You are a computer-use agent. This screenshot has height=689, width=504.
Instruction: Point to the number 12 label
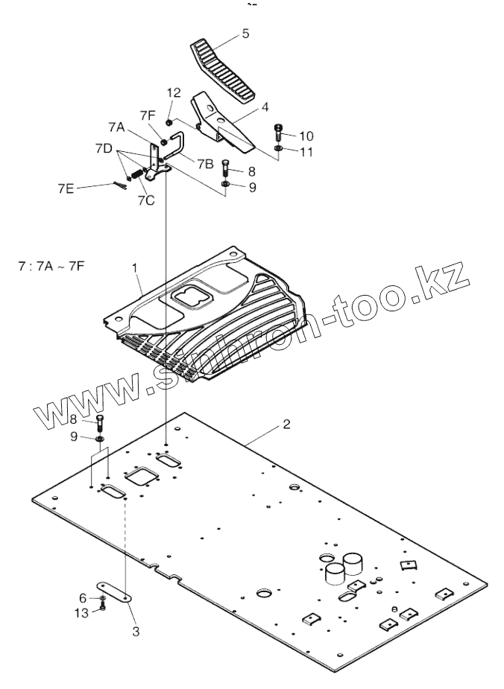[174, 93]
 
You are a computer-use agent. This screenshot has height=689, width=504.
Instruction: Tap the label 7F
[148, 115]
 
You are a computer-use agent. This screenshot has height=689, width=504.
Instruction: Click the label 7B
[206, 162]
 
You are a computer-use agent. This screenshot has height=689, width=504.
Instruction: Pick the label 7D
[104, 149]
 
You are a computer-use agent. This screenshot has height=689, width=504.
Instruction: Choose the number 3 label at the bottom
[136, 632]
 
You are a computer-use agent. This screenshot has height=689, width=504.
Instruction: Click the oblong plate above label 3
[113, 591]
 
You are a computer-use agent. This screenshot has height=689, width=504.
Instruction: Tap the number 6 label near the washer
[83, 597]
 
